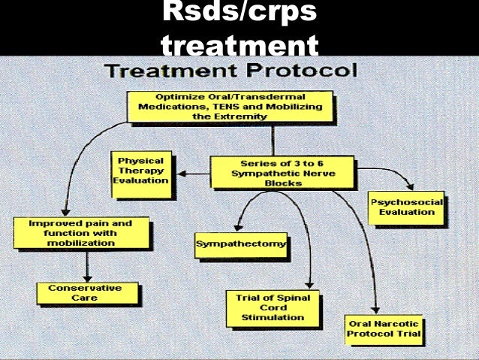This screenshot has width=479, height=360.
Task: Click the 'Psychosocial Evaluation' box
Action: coord(406,207)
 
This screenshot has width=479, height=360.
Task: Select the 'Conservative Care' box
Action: coord(88,292)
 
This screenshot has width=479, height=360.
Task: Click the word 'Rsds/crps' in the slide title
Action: coord(239,16)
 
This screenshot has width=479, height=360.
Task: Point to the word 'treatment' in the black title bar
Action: coord(239,46)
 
